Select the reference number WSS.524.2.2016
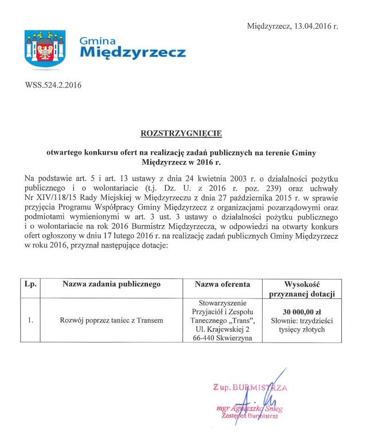(x=53, y=86)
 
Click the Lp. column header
(x=30, y=284)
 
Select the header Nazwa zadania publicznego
(x=111, y=284)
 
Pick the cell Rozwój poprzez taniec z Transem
(x=111, y=320)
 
